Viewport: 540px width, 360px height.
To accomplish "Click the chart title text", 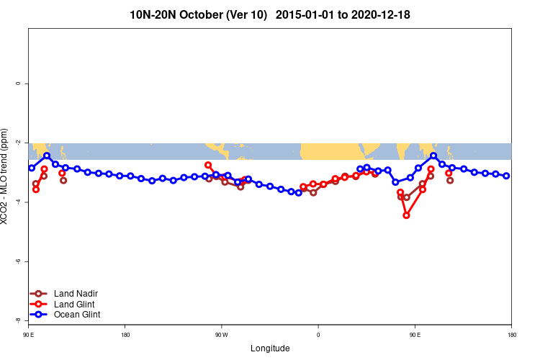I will [270, 14].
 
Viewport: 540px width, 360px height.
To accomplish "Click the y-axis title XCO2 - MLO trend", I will [6, 180].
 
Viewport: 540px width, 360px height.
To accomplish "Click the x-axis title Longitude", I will [270, 348].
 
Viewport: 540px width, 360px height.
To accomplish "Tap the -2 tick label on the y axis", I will [18, 143].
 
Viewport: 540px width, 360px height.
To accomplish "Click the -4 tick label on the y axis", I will [18, 202].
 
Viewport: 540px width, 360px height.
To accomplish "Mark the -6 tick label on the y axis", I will [18, 261].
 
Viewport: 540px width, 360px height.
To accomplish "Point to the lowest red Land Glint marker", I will [406, 215].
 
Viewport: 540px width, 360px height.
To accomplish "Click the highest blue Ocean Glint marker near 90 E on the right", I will [433, 156].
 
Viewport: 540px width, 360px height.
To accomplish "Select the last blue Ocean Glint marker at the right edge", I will [506, 176].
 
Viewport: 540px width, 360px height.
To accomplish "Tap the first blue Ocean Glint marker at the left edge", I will [32, 168].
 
